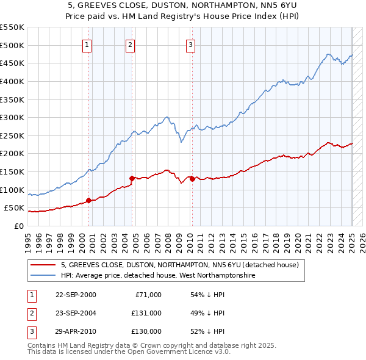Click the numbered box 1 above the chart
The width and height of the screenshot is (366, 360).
point(87,44)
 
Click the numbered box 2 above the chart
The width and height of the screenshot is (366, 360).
point(131,44)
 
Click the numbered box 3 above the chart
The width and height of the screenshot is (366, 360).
point(191,44)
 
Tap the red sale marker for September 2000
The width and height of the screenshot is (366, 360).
point(89,200)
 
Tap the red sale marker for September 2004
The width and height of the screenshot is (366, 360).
point(132,178)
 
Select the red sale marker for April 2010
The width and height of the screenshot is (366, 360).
point(192,179)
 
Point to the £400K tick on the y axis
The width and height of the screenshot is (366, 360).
point(12,81)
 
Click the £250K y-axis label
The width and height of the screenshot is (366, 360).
point(12,135)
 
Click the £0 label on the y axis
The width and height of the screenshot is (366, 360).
point(18,226)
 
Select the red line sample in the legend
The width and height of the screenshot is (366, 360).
point(43,265)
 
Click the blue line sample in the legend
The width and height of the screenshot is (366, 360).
point(43,275)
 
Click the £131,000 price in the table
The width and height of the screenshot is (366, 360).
point(146,313)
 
